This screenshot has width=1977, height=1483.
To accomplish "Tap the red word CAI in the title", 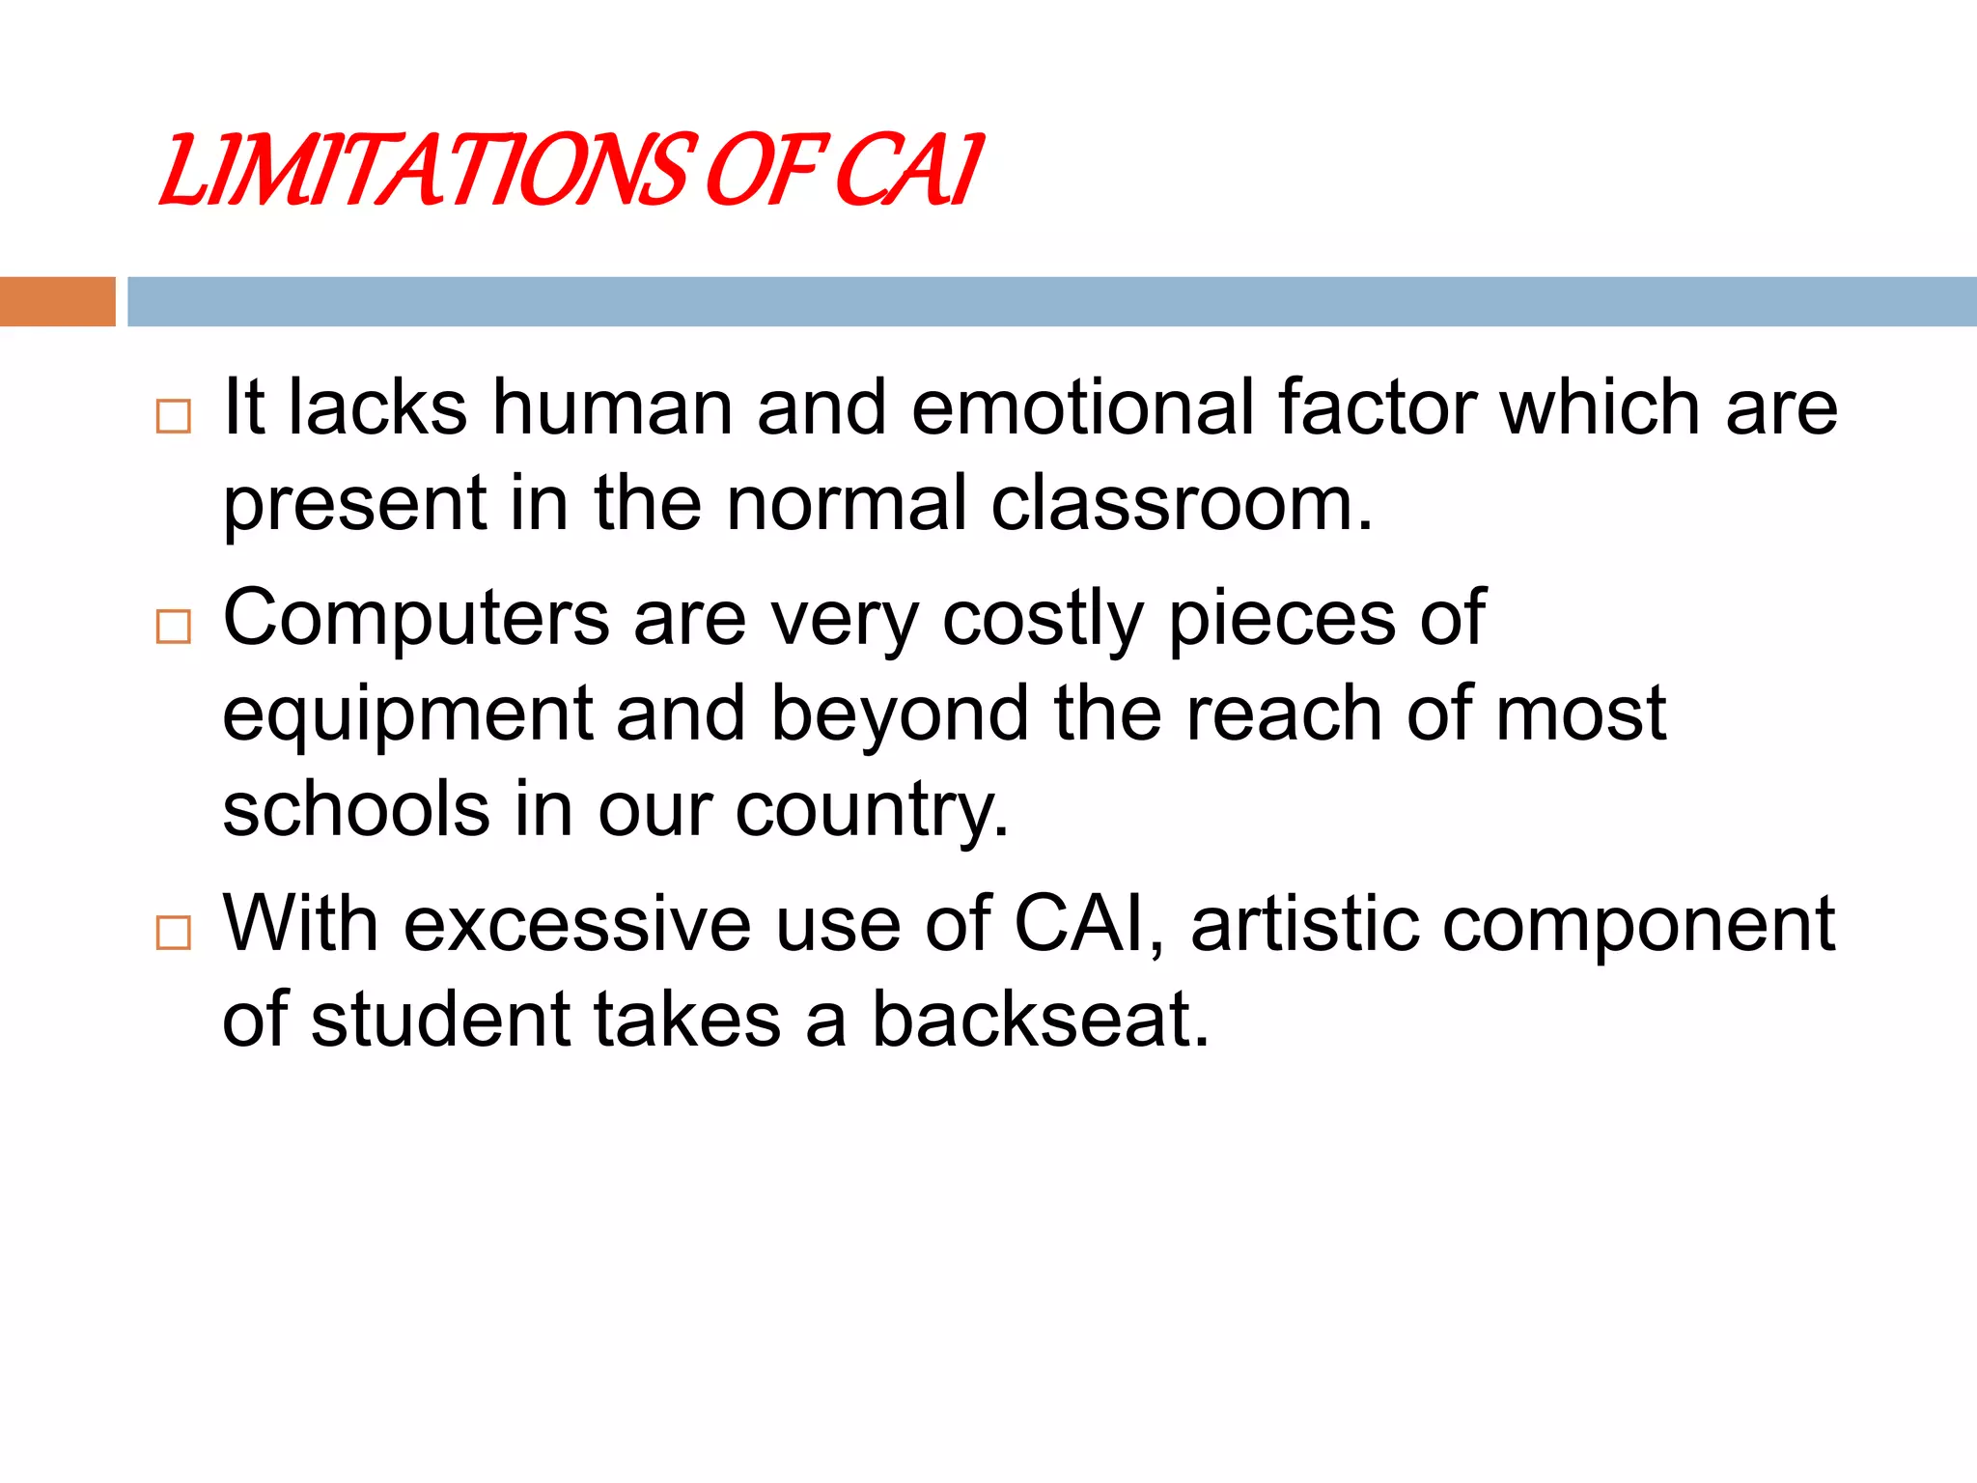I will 907,172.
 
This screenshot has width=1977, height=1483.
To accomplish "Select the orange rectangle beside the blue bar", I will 57,301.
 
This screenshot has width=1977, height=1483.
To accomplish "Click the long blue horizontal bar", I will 1051,301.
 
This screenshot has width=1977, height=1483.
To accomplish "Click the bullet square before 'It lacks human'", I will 174,416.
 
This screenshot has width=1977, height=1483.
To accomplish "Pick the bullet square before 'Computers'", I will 174,627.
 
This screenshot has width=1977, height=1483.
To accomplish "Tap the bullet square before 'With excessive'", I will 174,933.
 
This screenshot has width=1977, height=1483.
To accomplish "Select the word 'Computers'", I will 416,619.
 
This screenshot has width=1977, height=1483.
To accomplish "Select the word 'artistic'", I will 1304,924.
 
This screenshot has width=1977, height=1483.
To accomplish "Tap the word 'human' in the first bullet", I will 612,407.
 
